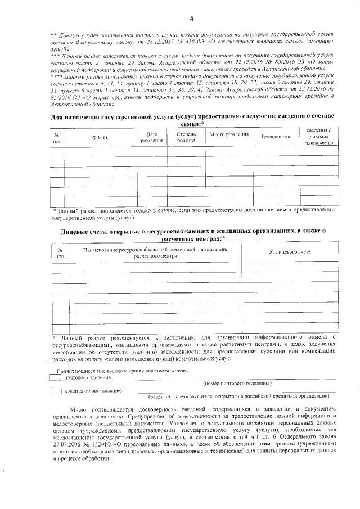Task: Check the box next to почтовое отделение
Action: pos(54,378)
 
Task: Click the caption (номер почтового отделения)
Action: pos(237,383)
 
